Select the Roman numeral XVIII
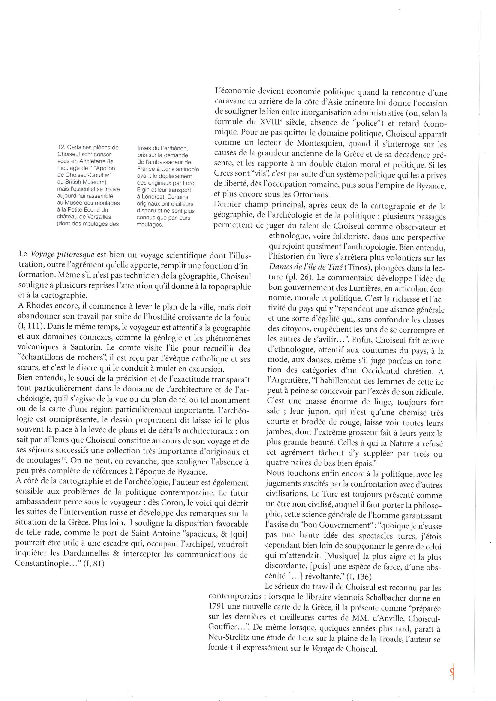(x=269, y=123)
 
